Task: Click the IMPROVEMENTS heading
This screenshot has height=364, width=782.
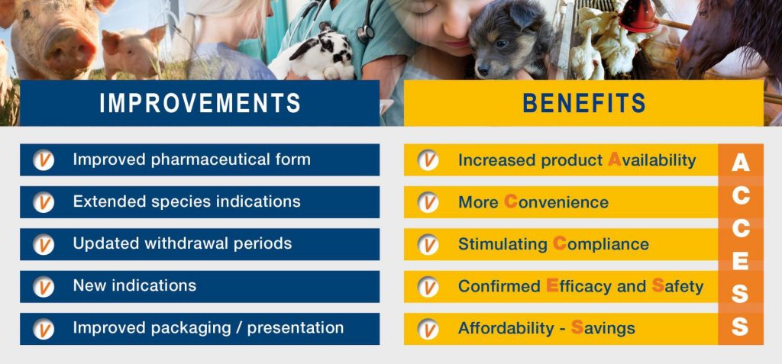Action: [x=200, y=103]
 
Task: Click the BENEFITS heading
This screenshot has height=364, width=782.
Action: [x=584, y=103]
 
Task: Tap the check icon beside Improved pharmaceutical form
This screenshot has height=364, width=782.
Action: [x=44, y=160]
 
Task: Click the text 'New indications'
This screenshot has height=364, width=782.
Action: [x=134, y=285]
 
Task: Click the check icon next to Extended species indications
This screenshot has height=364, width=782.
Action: [x=44, y=202]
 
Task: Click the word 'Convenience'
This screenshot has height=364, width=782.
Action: [x=556, y=202]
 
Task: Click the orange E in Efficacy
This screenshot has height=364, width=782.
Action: [x=552, y=285]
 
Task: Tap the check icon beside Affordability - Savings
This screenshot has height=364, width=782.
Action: [x=428, y=329]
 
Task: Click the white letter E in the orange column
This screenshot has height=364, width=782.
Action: [x=741, y=262]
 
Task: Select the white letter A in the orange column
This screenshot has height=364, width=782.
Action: [x=741, y=163]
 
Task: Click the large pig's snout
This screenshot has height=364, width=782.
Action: [x=69, y=47]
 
